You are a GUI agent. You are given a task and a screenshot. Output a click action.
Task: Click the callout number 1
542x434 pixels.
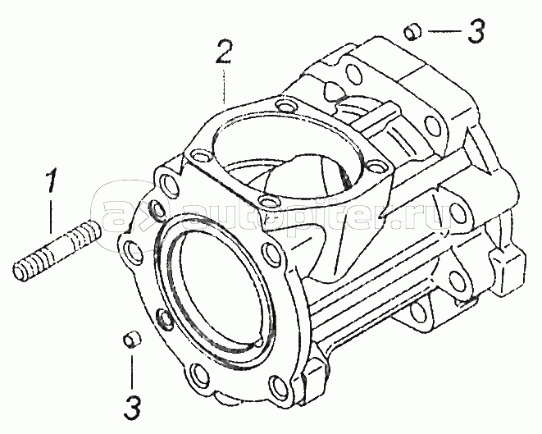(51, 180)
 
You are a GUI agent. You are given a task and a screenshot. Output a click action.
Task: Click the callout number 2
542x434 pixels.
(224, 52)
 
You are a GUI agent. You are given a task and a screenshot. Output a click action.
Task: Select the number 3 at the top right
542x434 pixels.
(476, 31)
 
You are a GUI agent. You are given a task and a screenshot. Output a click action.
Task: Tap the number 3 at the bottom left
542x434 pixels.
(133, 407)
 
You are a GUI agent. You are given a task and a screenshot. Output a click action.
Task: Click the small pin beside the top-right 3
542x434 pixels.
(413, 32)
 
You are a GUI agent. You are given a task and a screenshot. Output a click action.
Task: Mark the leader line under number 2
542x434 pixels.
(224, 87)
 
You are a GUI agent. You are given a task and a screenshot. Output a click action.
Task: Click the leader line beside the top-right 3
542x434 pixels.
(445, 31)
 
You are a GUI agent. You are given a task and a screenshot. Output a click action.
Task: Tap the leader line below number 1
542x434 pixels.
(51, 216)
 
